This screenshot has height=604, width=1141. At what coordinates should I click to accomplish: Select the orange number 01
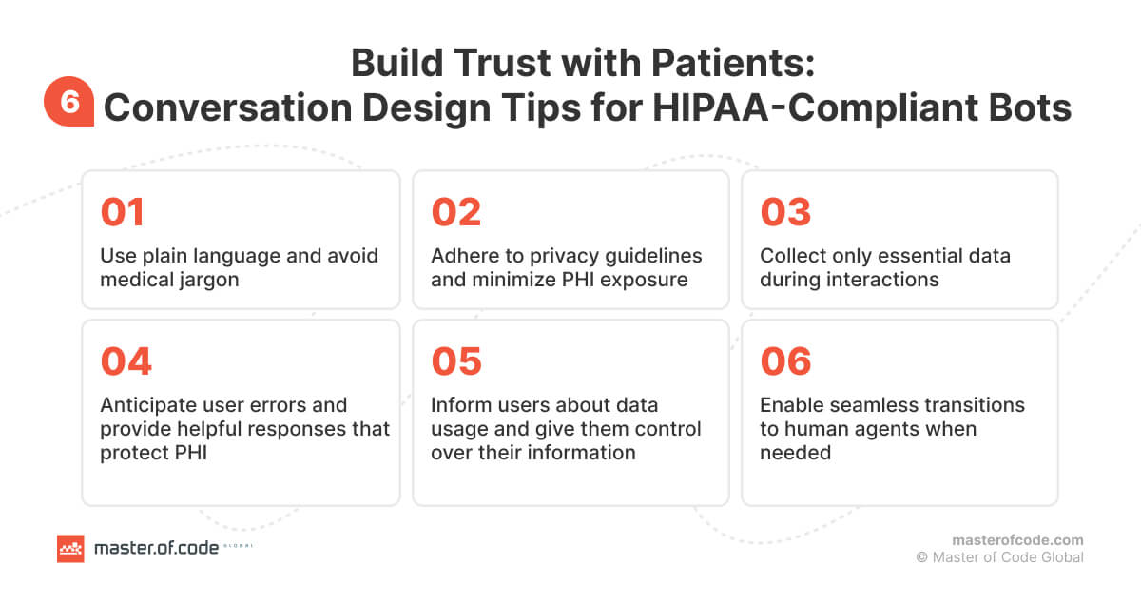(122, 212)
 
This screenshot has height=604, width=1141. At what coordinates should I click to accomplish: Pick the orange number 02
(456, 212)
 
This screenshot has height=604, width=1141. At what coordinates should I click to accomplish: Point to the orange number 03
(785, 212)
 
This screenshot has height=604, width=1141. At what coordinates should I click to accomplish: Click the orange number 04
(126, 361)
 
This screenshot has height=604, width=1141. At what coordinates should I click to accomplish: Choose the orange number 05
(456, 361)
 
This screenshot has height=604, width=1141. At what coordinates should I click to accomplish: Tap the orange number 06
(785, 361)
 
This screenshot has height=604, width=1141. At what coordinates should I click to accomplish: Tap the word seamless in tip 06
(871, 405)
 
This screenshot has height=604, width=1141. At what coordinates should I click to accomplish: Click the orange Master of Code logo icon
(70, 548)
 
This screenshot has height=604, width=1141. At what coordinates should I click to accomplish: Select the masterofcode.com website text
(1017, 539)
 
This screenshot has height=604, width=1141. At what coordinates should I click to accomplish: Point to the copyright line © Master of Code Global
(999, 557)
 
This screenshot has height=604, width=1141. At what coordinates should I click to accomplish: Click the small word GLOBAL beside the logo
(238, 547)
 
